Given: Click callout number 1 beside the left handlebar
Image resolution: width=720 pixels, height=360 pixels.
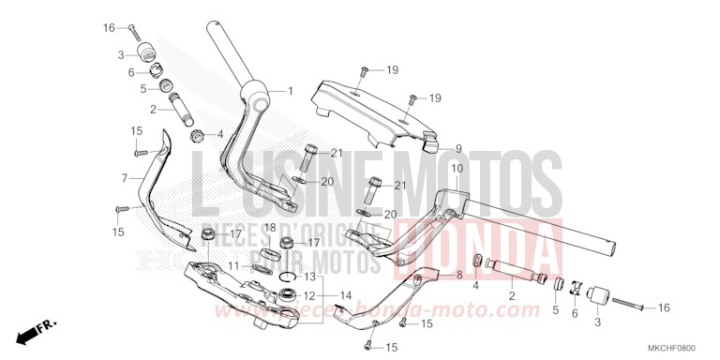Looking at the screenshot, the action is tap(290, 91).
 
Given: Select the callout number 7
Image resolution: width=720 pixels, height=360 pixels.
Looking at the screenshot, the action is tap(124, 176).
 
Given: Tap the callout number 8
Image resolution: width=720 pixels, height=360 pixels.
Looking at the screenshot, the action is tap(459, 275).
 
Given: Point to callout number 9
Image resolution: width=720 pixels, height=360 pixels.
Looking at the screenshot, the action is tap(458, 148).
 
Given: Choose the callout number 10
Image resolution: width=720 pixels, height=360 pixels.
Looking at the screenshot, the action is tap(457, 169).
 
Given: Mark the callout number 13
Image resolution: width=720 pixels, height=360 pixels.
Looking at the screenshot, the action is tap(309, 277).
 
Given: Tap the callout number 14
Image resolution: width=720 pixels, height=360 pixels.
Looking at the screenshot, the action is tap(346, 295).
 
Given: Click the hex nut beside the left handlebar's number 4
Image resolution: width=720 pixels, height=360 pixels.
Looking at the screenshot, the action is tap(199, 135).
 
